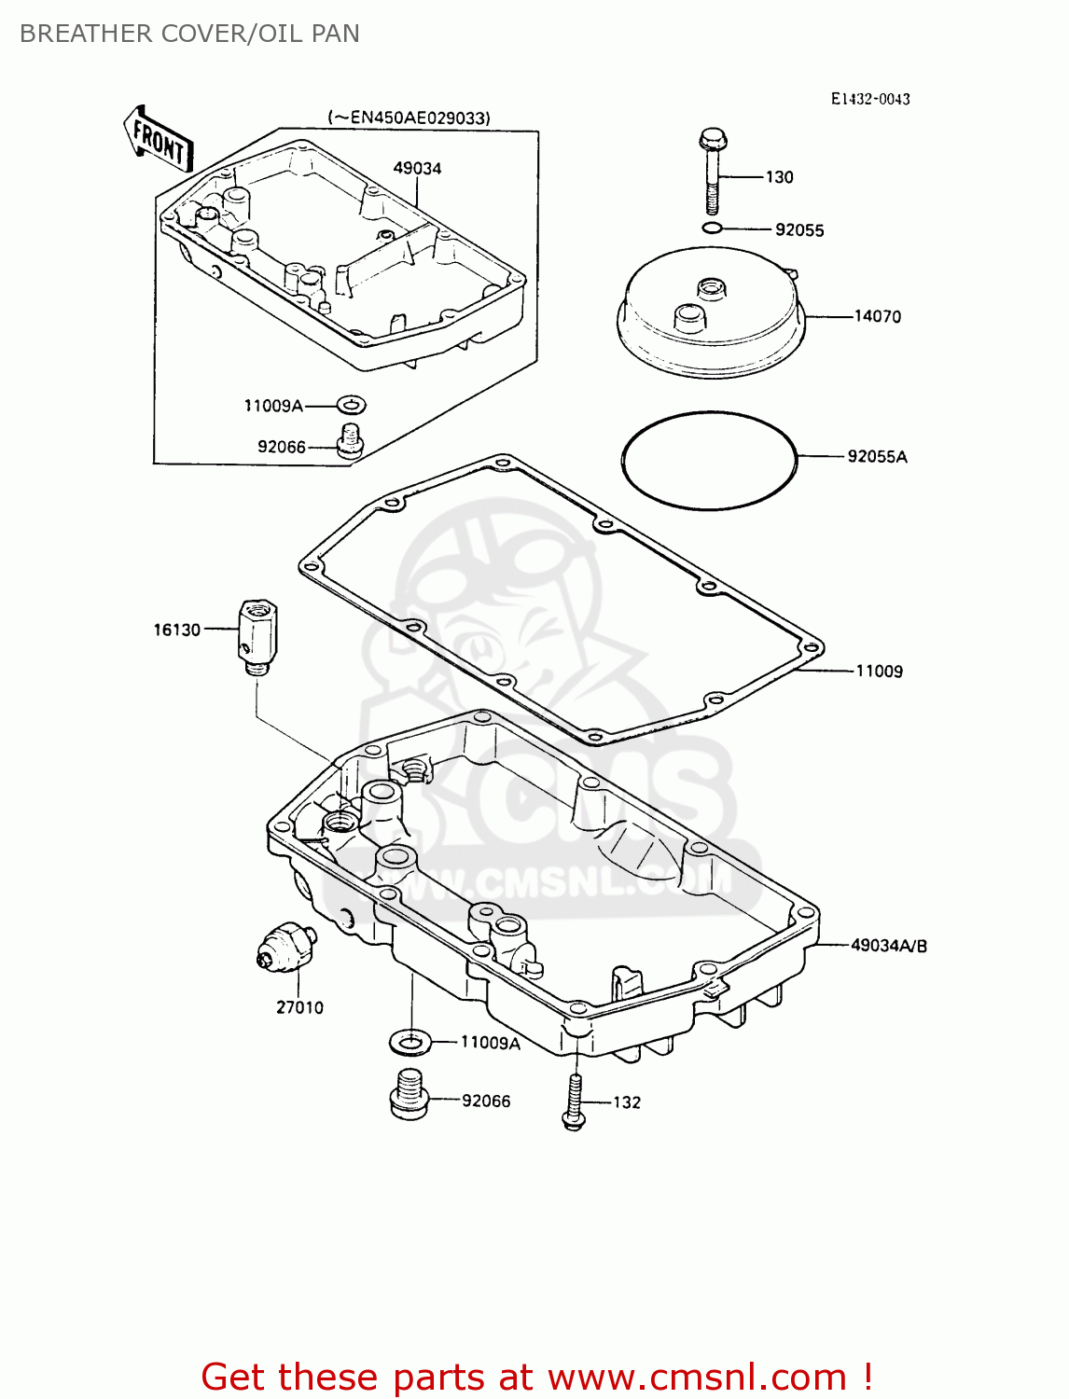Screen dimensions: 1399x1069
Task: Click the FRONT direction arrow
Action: click(x=159, y=139)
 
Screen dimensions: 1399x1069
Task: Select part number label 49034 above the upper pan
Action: click(x=417, y=169)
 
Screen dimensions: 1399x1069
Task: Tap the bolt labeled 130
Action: click(x=712, y=172)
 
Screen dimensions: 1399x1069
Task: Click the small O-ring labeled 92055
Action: click(x=712, y=229)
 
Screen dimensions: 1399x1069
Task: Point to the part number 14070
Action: click(x=878, y=316)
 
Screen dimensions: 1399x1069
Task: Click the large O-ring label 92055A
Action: click(x=877, y=456)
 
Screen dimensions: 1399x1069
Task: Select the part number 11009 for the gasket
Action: click(x=879, y=671)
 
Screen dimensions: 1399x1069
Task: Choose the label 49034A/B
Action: click(x=888, y=945)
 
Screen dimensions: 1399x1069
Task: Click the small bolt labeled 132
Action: click(x=574, y=1101)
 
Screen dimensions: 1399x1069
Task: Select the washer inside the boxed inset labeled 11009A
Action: click(x=351, y=405)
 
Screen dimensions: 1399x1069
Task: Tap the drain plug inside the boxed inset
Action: click(x=350, y=440)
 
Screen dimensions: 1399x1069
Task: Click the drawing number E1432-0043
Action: click(x=870, y=99)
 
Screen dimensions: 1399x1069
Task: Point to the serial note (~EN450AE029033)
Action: click(x=409, y=118)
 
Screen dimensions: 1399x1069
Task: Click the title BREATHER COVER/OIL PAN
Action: click(x=189, y=34)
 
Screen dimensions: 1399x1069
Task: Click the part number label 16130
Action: click(x=177, y=630)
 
